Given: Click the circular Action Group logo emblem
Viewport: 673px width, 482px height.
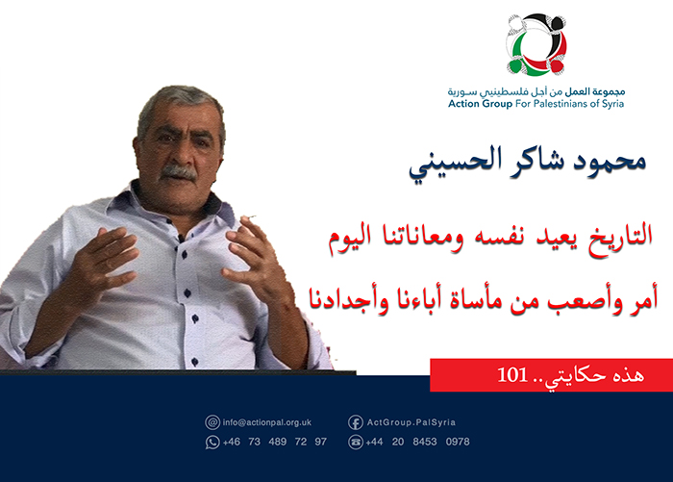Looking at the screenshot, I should tap(537, 45).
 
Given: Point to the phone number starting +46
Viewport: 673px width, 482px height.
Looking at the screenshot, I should tap(275, 442).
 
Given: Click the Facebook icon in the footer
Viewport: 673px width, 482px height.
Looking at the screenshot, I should tap(355, 421).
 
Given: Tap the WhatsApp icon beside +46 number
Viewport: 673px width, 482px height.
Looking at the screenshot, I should tap(212, 442).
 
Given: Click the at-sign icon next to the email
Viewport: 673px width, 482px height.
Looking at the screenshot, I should tap(212, 421).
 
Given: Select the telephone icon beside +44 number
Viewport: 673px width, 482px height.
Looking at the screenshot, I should tap(355, 442).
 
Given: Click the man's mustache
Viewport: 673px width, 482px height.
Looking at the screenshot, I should tap(179, 171).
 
